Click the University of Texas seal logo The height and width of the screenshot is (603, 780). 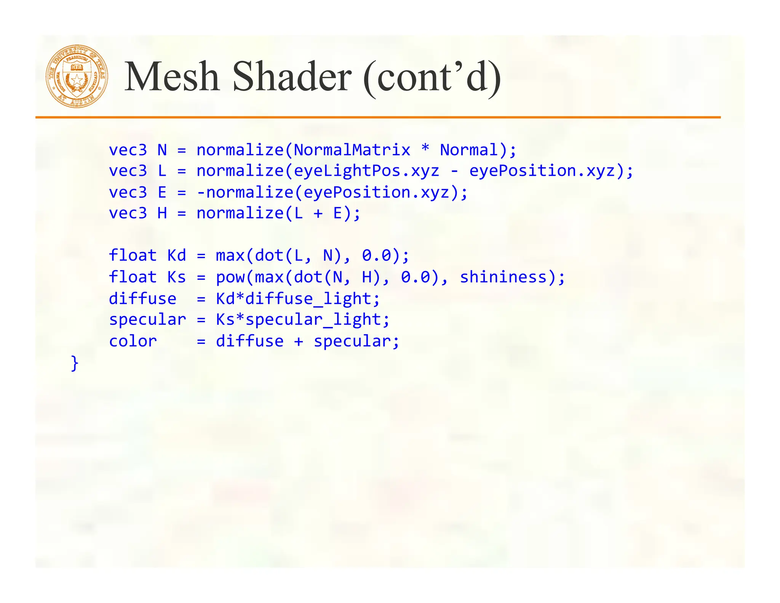pos(77,76)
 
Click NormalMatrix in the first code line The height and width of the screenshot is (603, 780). pos(352,150)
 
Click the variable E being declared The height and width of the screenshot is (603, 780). pos(162,192)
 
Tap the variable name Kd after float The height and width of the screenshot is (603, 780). pos(177,255)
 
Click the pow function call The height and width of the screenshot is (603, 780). pos(230,277)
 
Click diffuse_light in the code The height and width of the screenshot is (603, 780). pos(308,299)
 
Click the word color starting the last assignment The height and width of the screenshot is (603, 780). pos(133,341)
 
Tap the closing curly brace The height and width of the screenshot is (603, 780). pos(75,363)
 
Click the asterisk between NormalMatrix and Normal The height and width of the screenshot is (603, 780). pos(425,149)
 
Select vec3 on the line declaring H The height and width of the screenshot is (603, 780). pos(128,213)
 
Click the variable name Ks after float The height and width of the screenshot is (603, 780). pos(177,277)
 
